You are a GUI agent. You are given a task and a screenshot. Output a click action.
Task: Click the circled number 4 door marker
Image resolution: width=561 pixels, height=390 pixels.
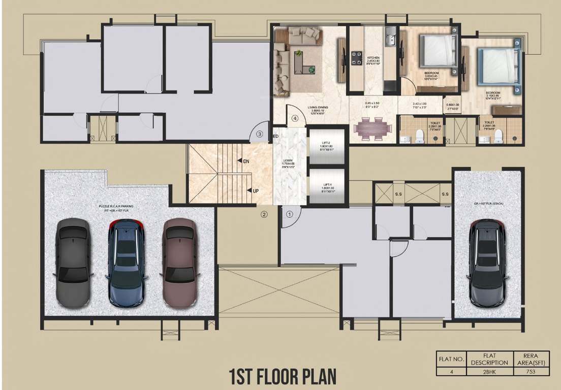pos(294,119)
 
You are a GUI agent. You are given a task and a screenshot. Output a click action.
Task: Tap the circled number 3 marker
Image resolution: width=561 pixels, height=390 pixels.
pos(259,135)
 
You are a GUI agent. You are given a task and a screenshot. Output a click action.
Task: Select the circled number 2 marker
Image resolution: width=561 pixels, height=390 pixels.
pos(264,214)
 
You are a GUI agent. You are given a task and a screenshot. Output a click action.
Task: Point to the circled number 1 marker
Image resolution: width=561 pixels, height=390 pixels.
pos(289,214)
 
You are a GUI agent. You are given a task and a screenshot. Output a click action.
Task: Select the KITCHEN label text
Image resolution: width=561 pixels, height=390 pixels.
pos(373,58)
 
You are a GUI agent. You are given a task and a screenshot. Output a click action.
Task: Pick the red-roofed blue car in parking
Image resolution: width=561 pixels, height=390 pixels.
pos(126,263)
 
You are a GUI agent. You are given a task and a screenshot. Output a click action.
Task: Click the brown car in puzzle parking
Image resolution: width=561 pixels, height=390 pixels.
pos(179,263)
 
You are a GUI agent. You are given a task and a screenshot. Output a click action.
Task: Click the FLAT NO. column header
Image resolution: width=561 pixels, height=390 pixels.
pos(451,359)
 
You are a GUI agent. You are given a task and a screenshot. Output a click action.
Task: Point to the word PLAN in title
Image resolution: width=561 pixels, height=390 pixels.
pos(311,377)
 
